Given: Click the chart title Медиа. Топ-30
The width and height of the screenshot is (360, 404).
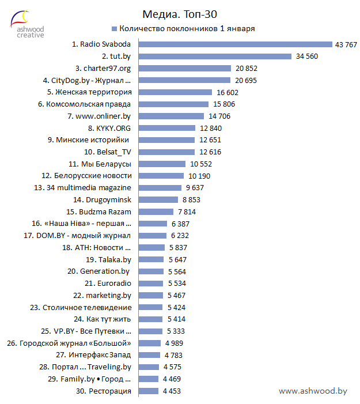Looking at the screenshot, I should pyautogui.click(x=180, y=13).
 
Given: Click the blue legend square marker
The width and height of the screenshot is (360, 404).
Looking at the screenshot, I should pyautogui.click(x=114, y=28).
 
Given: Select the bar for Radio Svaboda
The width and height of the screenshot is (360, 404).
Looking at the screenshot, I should pyautogui.click(x=236, y=44).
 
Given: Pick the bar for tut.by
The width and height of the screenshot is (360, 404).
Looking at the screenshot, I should pyautogui.click(x=215, y=56).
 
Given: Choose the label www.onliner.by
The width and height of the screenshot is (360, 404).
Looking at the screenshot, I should pyautogui.click(x=99, y=116).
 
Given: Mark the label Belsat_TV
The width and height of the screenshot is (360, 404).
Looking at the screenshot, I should pyautogui.click(x=107, y=152).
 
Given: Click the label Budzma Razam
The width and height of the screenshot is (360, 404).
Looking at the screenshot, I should pyautogui.click(x=107, y=212).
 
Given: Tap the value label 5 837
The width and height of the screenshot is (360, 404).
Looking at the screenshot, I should pyautogui.click(x=177, y=248).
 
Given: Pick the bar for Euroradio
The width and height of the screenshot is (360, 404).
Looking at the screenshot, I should pyautogui.click(x=151, y=284).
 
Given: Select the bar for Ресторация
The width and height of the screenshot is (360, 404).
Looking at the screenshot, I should pyautogui.click(x=149, y=391).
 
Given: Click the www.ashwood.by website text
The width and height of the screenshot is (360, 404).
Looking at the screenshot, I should pyautogui.click(x=313, y=391).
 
